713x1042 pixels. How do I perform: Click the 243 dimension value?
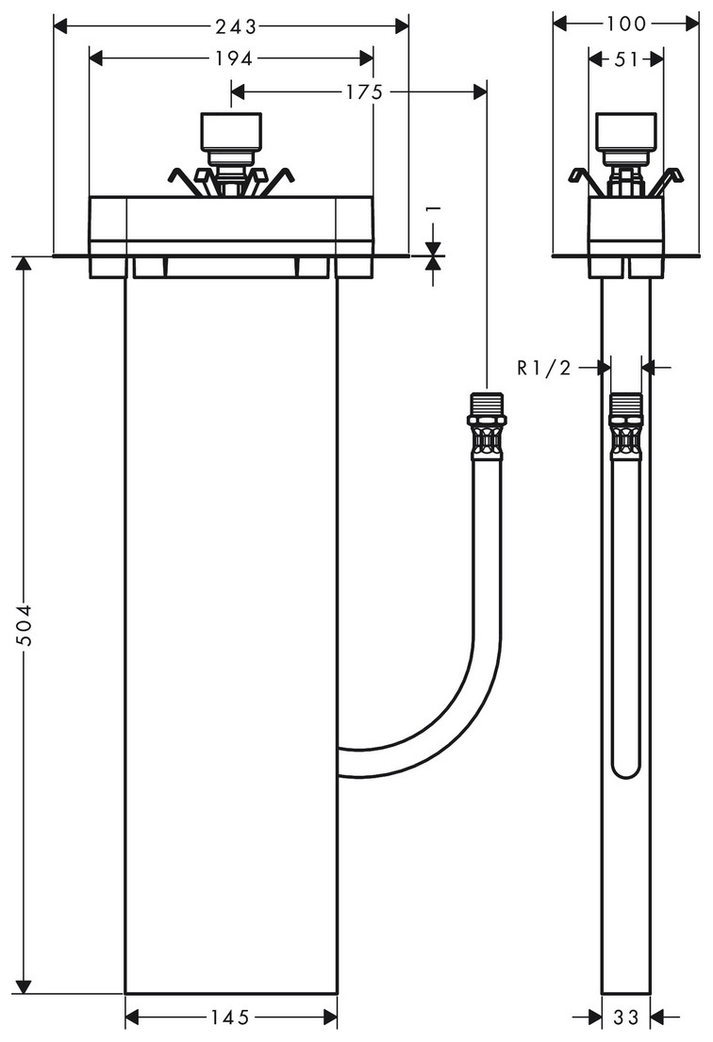pos(231,25)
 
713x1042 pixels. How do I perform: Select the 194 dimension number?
pos(232,58)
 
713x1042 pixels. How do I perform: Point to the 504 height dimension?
pos(25,624)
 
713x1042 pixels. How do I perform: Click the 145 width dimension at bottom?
pos(231,1017)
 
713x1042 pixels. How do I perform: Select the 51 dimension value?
pos(625,58)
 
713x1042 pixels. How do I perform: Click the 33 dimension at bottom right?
pos(626,1017)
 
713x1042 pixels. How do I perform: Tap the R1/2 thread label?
pos(544,368)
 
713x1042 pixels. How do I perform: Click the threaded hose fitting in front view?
pos(486,426)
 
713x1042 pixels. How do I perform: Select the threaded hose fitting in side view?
pos(625,426)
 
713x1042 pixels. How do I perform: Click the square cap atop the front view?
pos(231,131)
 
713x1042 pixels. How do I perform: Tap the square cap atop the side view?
pos(626,131)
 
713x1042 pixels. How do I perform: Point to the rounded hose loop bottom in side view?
pos(626,769)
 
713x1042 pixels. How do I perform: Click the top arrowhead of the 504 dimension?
pos(25,263)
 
